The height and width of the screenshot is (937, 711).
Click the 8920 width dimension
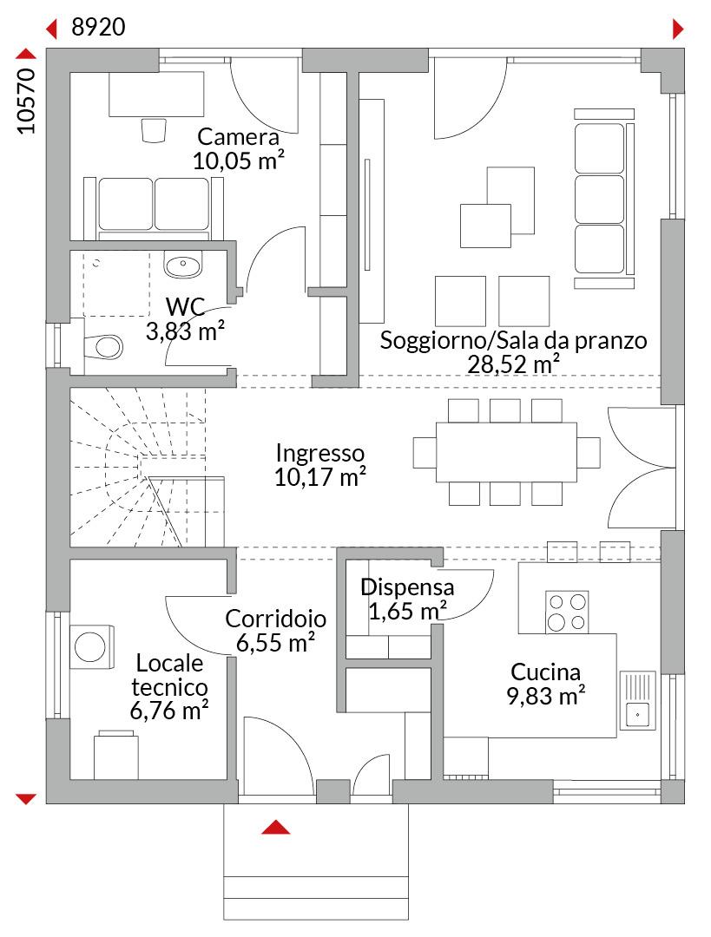pos(98,28)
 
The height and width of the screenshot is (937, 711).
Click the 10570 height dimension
pos(27,101)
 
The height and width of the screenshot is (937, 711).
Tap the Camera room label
pos(239,137)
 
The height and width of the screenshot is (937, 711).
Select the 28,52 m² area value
pos(513,364)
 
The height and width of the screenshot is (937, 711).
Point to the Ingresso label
pos(320,454)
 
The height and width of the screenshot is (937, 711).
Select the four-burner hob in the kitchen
pos(567,613)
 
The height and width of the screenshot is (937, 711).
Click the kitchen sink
pos(638,700)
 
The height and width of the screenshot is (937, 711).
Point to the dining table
pos(506,452)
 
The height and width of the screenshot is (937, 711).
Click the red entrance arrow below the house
pos(276,827)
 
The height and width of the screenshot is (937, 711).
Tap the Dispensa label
pos(407,587)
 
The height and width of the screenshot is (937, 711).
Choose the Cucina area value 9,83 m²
pos(546,696)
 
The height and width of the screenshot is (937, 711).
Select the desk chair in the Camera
pos(154,130)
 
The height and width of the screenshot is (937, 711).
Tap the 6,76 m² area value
pos(169,711)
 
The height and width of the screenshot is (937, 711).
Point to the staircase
pos(148,467)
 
